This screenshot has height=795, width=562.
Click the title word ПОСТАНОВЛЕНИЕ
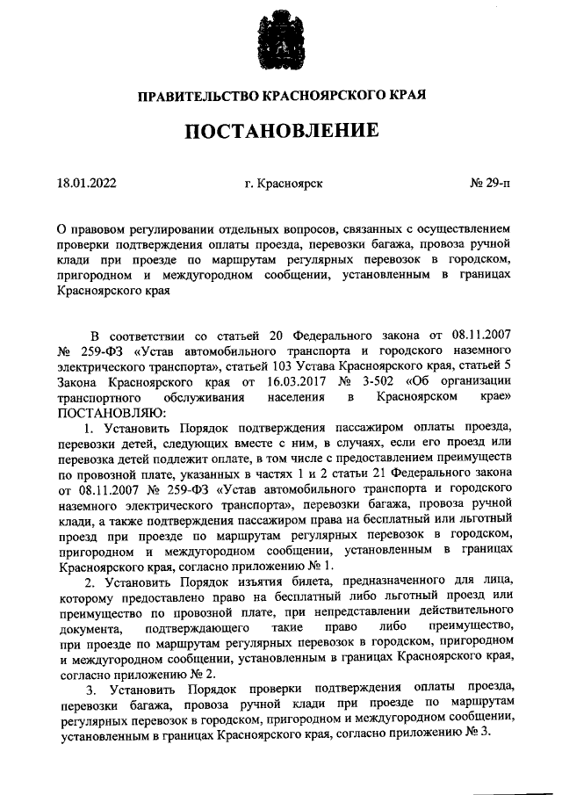281,131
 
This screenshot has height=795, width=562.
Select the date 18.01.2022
87,184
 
